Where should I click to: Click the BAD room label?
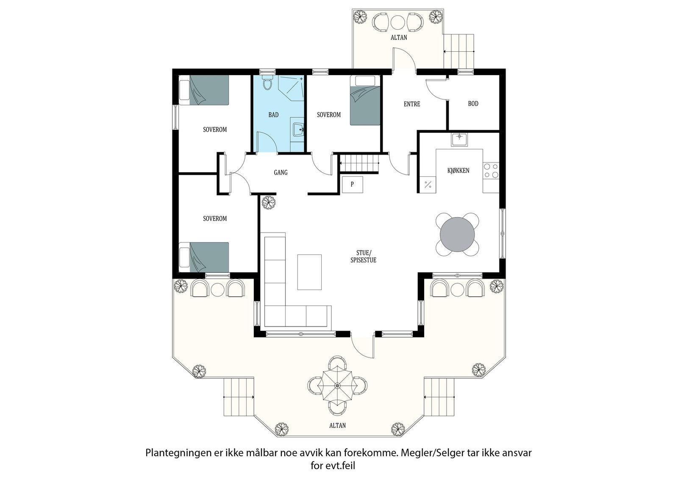pyautogui.click(x=273, y=115)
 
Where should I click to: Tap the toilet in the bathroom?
pyautogui.click(x=267, y=84)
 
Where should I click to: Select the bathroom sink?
pyautogui.click(x=298, y=128)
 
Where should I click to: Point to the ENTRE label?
pyautogui.click(x=411, y=104)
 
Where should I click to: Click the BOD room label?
pyautogui.click(x=473, y=103)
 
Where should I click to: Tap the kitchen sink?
pyautogui.click(x=459, y=139)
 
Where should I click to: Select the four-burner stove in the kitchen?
pyautogui.click(x=491, y=171)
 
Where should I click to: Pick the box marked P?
pyautogui.click(x=352, y=184)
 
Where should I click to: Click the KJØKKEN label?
pyautogui.click(x=458, y=170)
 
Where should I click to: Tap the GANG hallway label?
pyautogui.click(x=281, y=172)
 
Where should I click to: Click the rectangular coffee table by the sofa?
pyautogui.click(x=309, y=272)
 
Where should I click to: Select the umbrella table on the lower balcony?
pyautogui.click(x=337, y=386)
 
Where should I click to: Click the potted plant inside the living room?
pyautogui.click(x=268, y=202)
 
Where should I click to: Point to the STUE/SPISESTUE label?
pyautogui.click(x=363, y=257)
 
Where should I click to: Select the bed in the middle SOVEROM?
pyautogui.click(x=365, y=100)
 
